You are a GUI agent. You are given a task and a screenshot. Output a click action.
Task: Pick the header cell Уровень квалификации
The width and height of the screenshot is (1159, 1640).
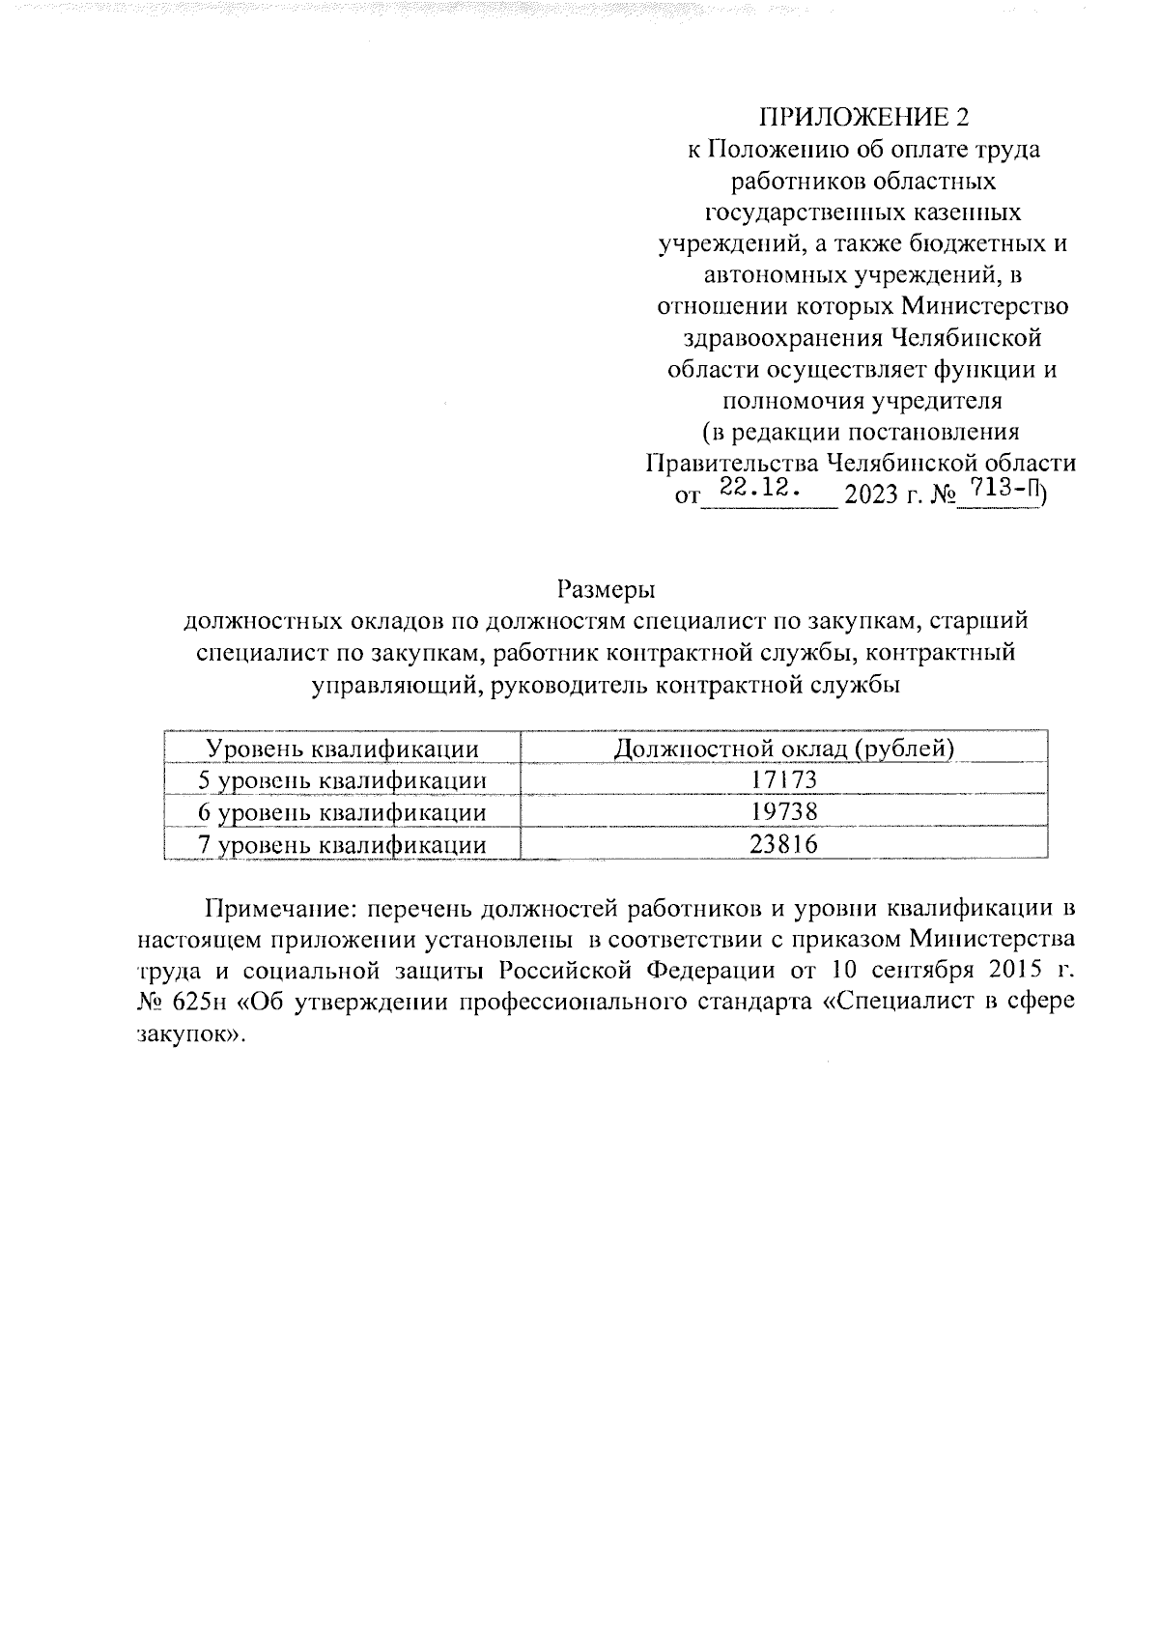click(x=344, y=749)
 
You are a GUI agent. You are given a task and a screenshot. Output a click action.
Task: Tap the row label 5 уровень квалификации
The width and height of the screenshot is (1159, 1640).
click(x=341, y=780)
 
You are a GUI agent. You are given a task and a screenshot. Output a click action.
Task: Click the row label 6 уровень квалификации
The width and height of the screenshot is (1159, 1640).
click(x=341, y=812)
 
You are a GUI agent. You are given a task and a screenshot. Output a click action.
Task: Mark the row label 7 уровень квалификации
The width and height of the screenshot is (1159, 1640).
click(x=341, y=845)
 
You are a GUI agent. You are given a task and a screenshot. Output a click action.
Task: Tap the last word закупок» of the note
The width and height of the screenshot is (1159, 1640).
click(x=186, y=1032)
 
